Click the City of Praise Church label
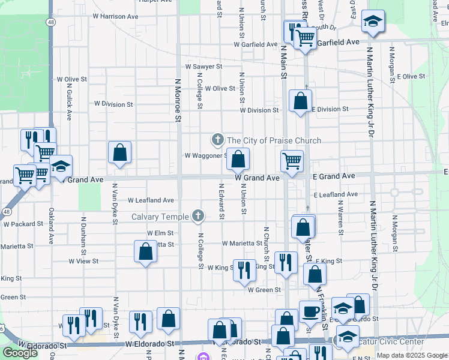274,140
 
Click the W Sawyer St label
204,67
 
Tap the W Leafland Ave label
151,200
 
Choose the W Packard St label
23,224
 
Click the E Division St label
330,109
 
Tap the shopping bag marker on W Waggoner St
238,160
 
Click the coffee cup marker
310,311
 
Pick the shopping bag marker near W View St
145,251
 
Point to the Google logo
20,353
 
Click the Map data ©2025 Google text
412,355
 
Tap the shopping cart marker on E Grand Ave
292,161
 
